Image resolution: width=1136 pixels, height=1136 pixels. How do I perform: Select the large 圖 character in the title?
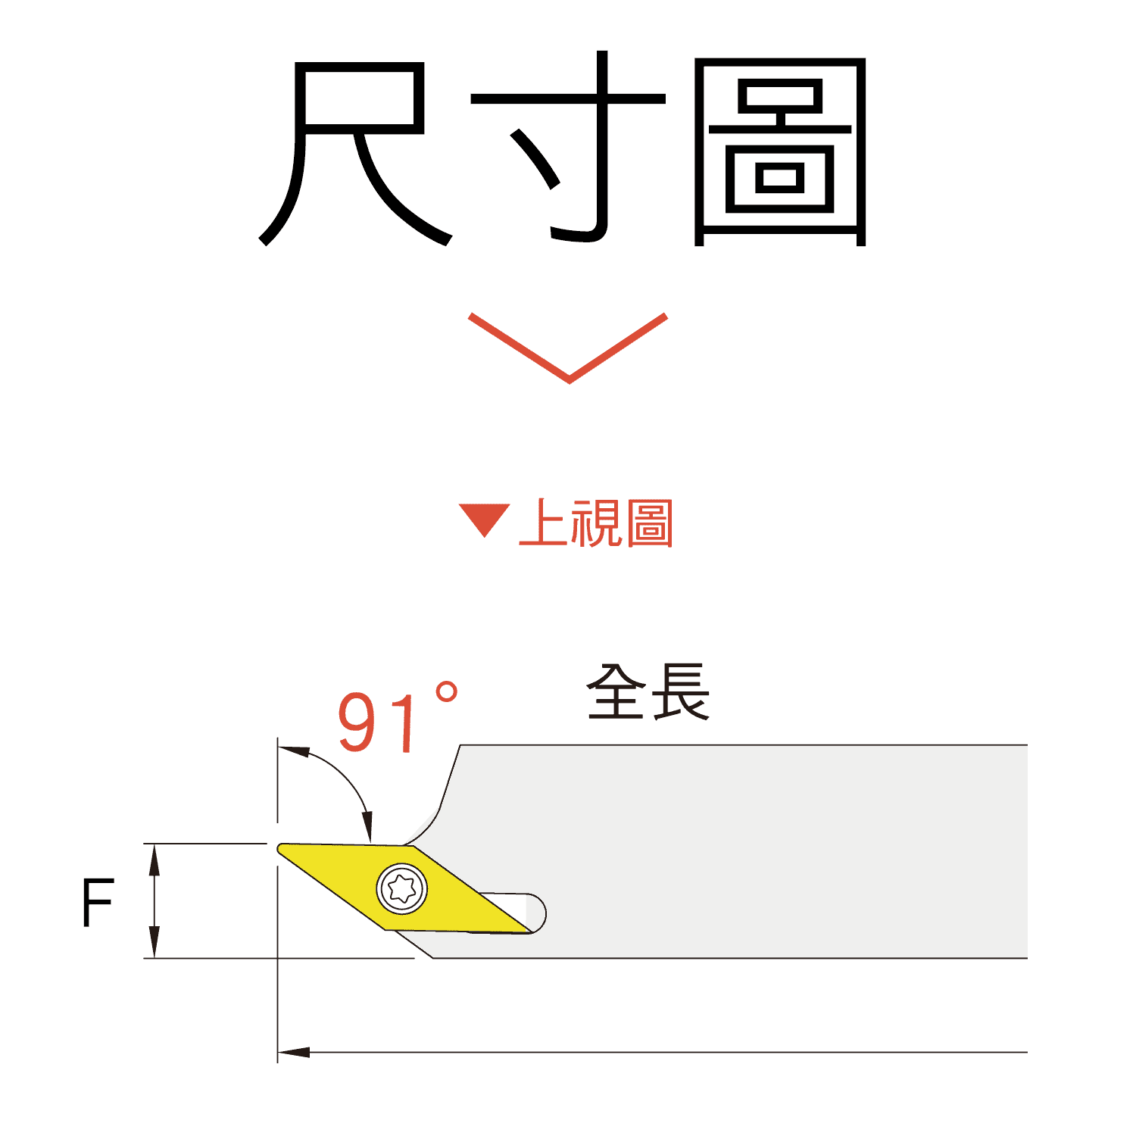pyautogui.click(x=780, y=151)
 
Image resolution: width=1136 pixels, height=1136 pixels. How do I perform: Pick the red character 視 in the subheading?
pyautogui.click(x=596, y=523)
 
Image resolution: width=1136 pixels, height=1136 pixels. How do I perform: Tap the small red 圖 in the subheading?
pyautogui.click(x=649, y=523)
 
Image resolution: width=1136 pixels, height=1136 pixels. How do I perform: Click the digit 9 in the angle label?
pyautogui.click(x=359, y=722)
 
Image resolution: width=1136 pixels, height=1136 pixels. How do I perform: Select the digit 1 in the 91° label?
pyautogui.click(x=407, y=724)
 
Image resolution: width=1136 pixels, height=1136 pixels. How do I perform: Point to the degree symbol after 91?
pyautogui.click(x=447, y=694)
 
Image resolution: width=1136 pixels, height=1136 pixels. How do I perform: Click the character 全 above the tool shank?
pyautogui.click(x=616, y=692)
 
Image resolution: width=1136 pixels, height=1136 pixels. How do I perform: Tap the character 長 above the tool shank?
pyautogui.click(x=680, y=692)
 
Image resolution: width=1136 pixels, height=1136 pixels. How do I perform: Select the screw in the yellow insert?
pyautogui.click(x=401, y=888)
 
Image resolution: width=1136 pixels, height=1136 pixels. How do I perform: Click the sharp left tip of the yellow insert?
pyautogui.click(x=282, y=847)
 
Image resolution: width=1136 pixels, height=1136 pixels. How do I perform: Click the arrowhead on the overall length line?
pyautogui.click(x=292, y=1052)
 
